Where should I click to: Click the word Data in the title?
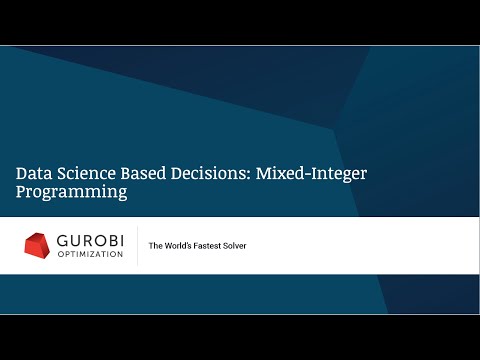click(32, 173)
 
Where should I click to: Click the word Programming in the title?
click(71, 193)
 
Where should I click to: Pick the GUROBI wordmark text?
click(90, 241)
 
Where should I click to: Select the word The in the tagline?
click(155, 246)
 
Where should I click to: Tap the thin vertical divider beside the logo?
click(137, 246)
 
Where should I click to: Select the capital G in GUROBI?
click(62, 241)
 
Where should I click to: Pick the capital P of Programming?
click(21, 192)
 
